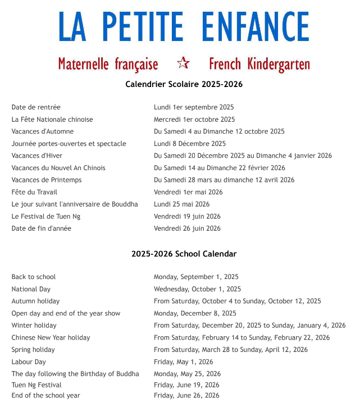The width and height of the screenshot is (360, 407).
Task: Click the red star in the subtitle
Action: [x=183, y=63]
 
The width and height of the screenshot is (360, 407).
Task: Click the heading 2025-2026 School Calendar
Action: [x=184, y=254]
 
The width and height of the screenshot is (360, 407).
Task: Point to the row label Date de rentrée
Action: [x=36, y=107]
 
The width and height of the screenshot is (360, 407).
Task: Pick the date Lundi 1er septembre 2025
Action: [x=194, y=107]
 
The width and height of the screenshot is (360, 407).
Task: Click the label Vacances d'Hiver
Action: [x=37, y=156]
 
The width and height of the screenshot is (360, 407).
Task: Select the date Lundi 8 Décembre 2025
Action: [x=190, y=144]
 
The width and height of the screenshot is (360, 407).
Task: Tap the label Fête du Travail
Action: [x=35, y=192]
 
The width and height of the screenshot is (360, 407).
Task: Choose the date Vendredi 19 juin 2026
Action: [x=187, y=216]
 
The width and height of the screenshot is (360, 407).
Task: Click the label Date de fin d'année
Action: [x=42, y=228]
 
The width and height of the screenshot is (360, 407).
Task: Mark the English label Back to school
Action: [x=34, y=277]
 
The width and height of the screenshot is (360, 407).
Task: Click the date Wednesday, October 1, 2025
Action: [x=197, y=289]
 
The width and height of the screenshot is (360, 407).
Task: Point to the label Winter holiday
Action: [x=34, y=326]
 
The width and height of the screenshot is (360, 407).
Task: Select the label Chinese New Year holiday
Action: [x=51, y=337]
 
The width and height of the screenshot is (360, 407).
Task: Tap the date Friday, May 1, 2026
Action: [x=184, y=362]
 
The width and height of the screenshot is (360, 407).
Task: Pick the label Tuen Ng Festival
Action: [x=37, y=385]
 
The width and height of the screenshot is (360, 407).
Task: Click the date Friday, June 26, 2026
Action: [x=186, y=395]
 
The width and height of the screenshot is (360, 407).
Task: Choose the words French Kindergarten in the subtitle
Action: [x=259, y=64]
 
